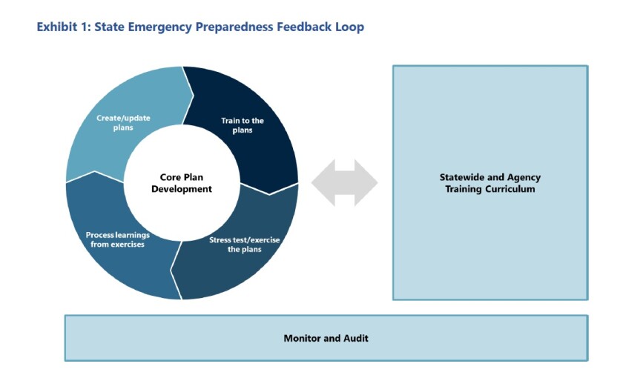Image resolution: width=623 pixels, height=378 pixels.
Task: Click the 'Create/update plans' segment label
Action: coord(121,122)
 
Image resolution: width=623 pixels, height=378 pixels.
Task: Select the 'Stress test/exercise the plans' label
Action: coord(243,245)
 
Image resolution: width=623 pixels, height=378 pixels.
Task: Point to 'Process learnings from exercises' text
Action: coord(118,239)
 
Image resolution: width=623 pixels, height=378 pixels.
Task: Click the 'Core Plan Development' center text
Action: coord(181,183)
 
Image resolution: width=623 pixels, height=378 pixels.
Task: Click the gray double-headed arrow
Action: coord(344,182)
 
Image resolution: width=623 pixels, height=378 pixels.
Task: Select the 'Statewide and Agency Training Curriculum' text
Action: coord(489,183)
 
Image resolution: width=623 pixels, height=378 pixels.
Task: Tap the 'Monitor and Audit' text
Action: coord(326,338)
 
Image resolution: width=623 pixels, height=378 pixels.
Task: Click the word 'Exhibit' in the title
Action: coord(57,27)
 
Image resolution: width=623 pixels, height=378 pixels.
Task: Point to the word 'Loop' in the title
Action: coord(349,27)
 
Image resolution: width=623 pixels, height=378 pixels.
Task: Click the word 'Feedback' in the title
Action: coord(303,27)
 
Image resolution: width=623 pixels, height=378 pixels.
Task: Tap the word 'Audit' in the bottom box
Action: coord(354,338)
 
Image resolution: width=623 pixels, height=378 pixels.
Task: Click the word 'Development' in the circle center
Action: coord(181,189)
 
